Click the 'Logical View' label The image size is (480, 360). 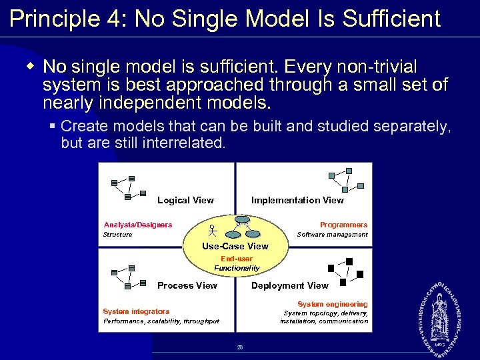point(185,200)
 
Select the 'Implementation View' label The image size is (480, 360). point(297,200)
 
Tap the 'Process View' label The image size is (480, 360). point(187,285)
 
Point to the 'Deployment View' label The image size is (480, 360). point(289,285)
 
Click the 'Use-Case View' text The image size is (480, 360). point(235,246)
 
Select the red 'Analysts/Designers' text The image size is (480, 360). point(138,225)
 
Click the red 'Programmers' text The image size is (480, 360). point(343,225)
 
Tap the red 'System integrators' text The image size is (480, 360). point(136,311)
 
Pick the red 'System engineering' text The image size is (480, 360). point(332,304)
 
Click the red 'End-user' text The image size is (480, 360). point(237,259)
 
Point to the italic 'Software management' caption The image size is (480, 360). point(332,235)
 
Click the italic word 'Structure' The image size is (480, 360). point(117,235)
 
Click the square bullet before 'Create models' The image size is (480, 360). point(53,125)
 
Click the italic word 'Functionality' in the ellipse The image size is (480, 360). point(237,268)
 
